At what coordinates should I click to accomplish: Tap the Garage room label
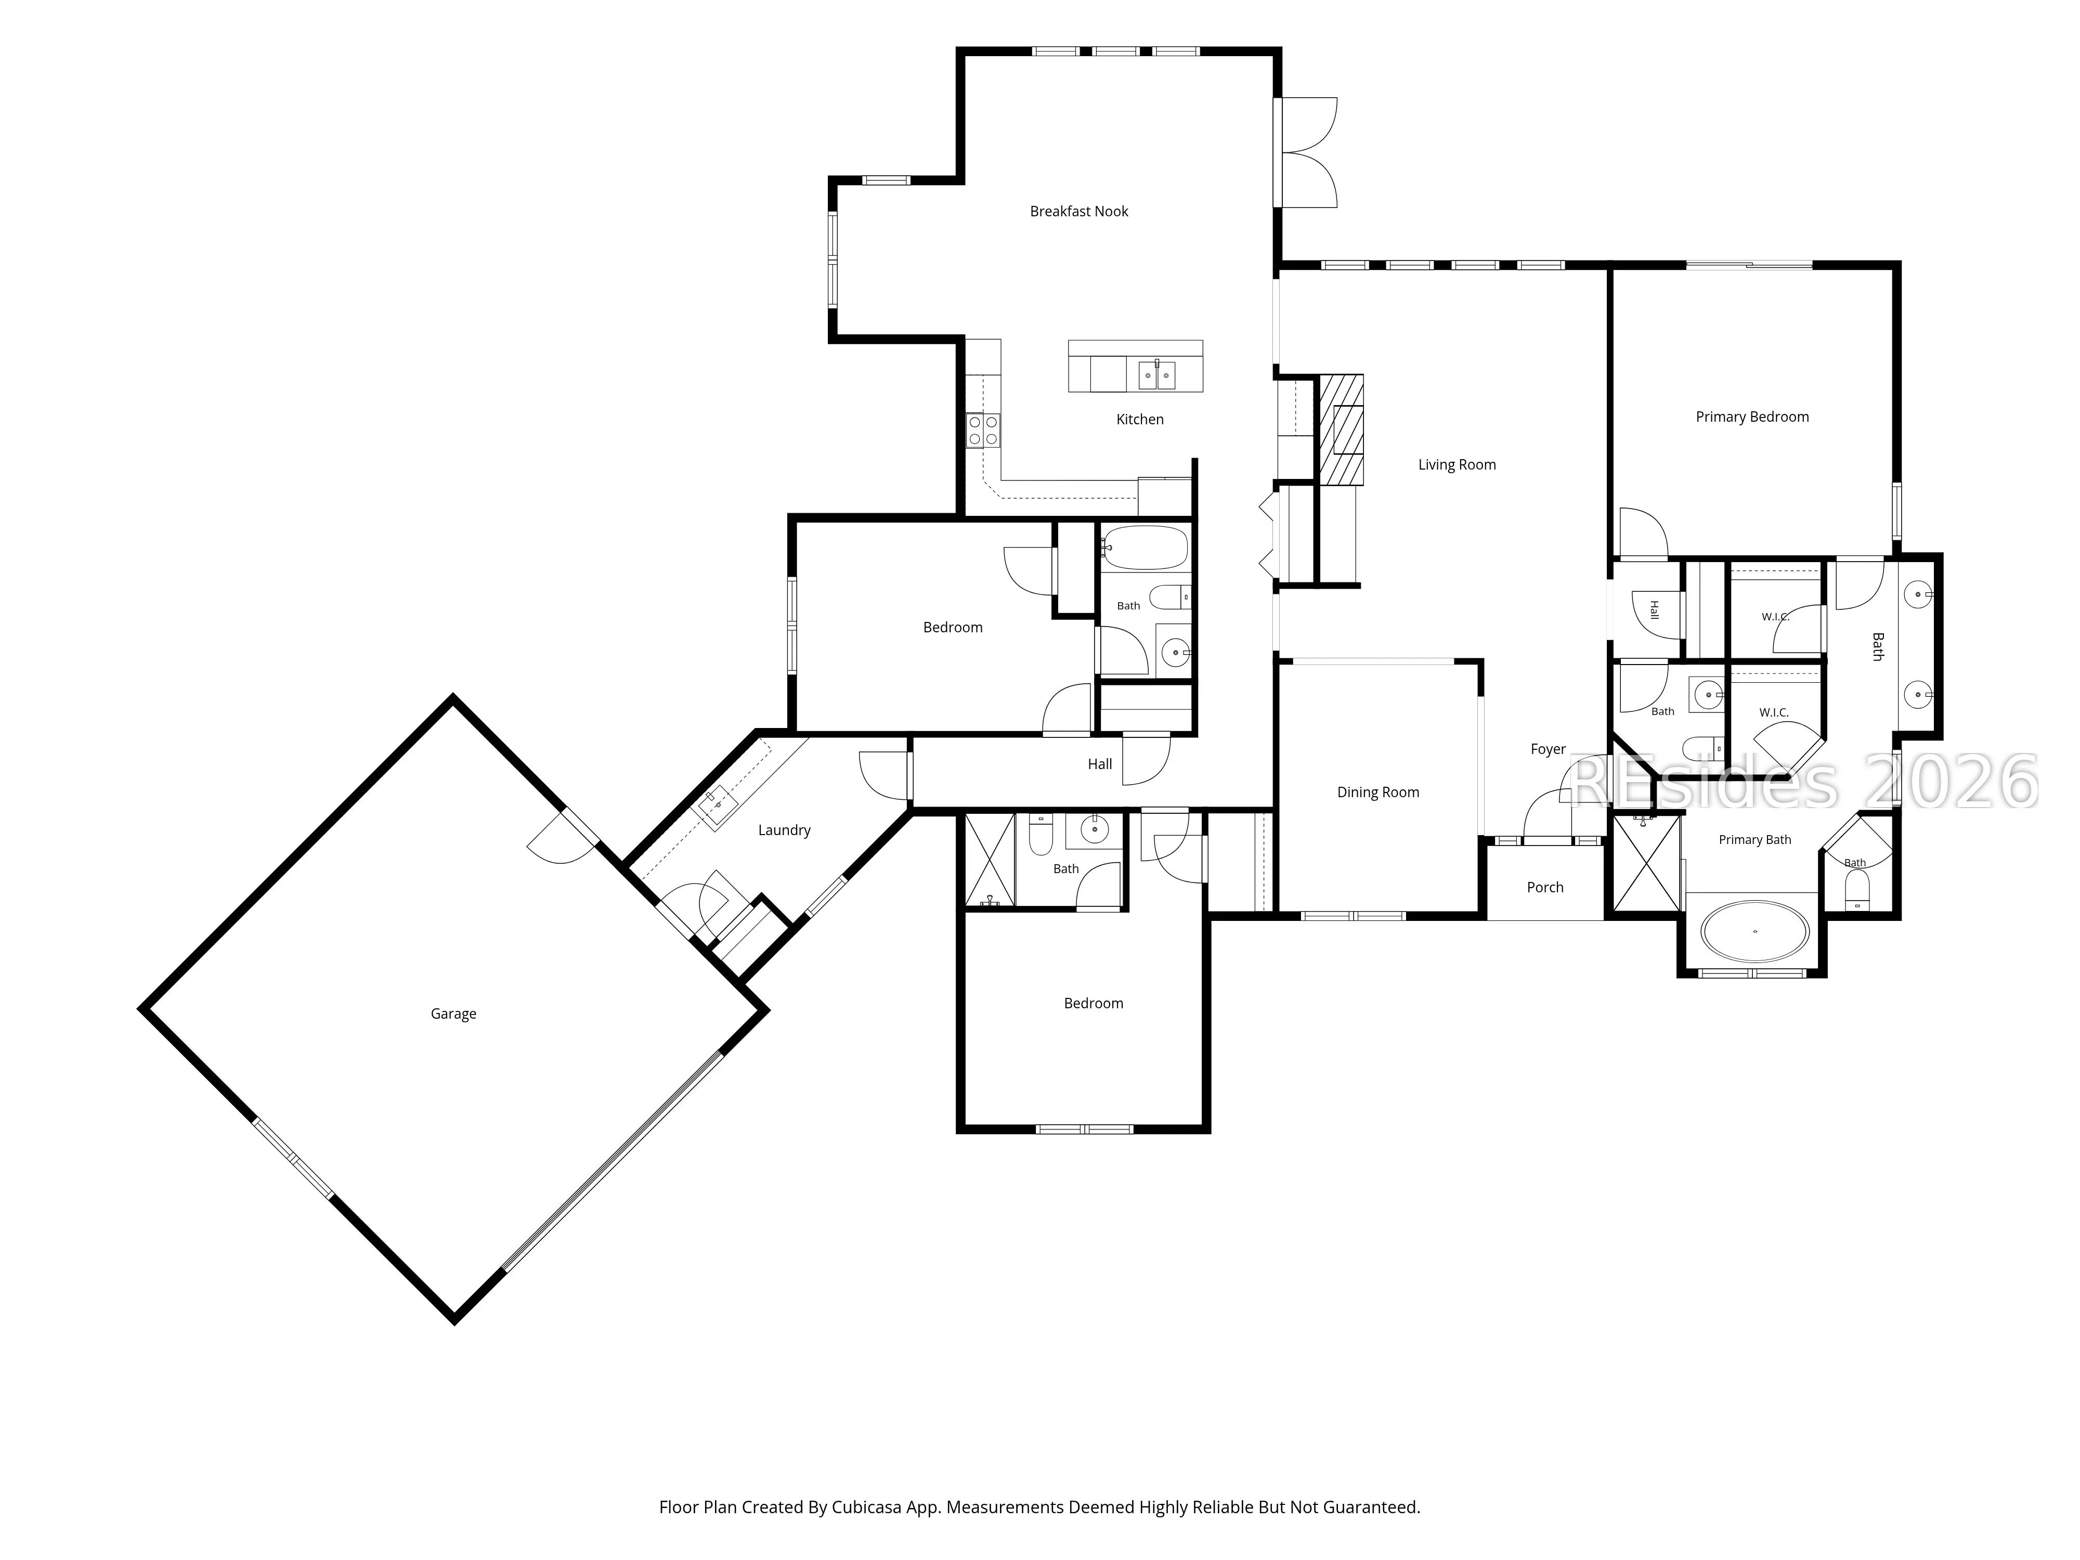[453, 1013]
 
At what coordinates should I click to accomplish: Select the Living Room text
[1457, 464]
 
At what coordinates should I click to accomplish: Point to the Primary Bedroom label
[1752, 417]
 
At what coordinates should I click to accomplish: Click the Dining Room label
[1377, 792]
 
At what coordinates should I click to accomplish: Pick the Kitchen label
[1140, 420]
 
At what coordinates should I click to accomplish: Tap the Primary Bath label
[1754, 840]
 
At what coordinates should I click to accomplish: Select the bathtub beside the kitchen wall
[1146, 547]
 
